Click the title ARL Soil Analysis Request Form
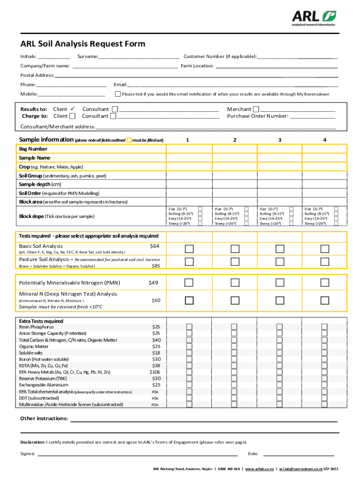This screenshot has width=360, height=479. (82, 44)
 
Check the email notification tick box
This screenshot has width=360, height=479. (117, 94)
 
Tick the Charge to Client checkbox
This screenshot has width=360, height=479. (72, 116)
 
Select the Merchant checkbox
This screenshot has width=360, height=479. (255, 109)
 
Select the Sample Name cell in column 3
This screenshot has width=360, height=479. (279, 158)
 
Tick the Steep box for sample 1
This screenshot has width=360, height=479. (200, 224)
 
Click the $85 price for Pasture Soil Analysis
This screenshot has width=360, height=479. (156, 266)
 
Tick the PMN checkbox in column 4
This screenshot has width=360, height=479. (324, 283)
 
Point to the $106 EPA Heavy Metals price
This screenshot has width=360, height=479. (154, 372)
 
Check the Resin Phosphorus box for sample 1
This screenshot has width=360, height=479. (189, 327)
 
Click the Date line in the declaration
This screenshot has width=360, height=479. (299, 453)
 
